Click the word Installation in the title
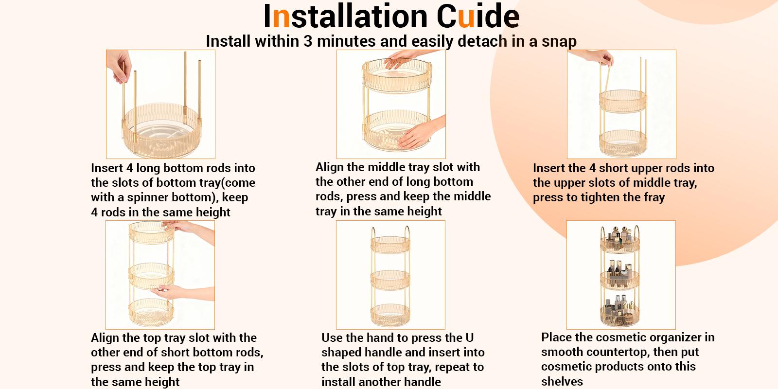345,17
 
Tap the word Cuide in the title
478,17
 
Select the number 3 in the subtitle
308,41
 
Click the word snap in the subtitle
559,42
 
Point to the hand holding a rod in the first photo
119,66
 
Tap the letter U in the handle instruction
470,337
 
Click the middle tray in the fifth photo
390,280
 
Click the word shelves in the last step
562,382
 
